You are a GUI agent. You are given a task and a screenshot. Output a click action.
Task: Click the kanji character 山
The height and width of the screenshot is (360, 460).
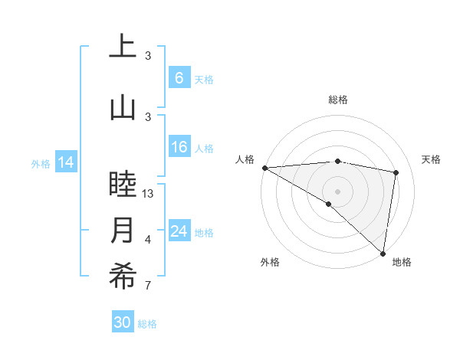[x=123, y=107]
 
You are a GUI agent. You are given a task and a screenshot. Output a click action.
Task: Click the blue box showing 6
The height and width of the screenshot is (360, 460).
[x=179, y=78]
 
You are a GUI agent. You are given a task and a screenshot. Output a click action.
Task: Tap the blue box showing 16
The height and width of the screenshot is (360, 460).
[x=179, y=148]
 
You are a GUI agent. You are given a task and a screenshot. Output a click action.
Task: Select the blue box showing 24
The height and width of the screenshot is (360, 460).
[x=179, y=231]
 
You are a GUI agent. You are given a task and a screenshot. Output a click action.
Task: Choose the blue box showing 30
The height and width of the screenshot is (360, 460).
[x=123, y=322]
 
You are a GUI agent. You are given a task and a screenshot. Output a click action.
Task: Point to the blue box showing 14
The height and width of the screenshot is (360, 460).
[x=66, y=162]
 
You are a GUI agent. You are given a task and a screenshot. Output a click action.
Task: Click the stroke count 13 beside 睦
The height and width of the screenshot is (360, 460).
[x=148, y=194]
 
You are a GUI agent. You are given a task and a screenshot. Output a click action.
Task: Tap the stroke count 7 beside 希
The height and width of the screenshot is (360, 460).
[x=148, y=286]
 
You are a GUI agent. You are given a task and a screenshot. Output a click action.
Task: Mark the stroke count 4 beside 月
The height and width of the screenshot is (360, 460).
[x=148, y=240]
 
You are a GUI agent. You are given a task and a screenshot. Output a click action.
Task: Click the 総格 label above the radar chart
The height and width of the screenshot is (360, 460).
[x=338, y=100]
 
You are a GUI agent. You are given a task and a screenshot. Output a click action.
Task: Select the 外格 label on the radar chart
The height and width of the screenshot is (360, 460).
[x=269, y=262]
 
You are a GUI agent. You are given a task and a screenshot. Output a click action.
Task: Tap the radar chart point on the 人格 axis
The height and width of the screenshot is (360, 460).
[x=264, y=168]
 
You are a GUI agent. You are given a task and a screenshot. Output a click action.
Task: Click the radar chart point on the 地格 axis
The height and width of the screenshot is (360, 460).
[x=383, y=253]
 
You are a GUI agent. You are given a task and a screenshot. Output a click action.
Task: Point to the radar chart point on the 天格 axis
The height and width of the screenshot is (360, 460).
[x=396, y=172]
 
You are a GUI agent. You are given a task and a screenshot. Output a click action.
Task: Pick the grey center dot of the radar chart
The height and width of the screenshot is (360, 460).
[x=337, y=191]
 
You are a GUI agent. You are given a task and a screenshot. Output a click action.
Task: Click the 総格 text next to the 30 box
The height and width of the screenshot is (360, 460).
[x=147, y=324]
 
